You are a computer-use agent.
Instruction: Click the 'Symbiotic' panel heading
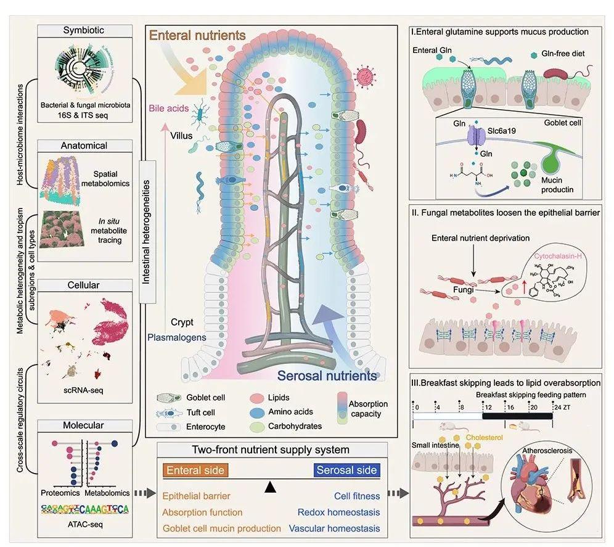click(x=84, y=30)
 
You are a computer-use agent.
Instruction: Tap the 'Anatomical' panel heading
click(x=84, y=146)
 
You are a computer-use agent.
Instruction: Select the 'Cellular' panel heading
click(x=84, y=286)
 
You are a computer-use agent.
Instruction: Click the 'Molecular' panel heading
click(x=84, y=426)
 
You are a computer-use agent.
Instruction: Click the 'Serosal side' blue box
click(x=346, y=471)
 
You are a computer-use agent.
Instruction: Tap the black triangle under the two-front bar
click(x=269, y=488)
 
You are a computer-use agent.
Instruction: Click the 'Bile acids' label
click(x=168, y=109)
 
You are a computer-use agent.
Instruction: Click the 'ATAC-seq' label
click(x=84, y=525)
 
